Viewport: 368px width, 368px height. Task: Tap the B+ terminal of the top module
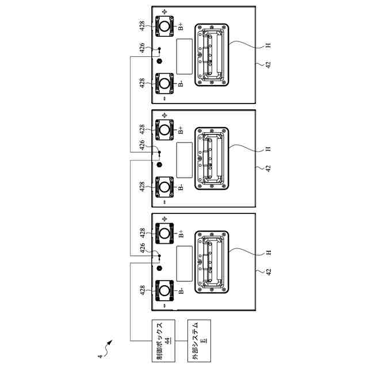tap(166, 26)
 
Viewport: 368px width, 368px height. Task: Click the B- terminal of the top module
tap(166, 83)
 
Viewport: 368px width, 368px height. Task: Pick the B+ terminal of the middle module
tap(166, 129)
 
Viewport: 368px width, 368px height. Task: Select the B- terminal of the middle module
tap(166, 187)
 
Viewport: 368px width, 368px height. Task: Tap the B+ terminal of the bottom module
tap(166, 233)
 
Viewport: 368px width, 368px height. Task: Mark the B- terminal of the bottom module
tap(166, 290)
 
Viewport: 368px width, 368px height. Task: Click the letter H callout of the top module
tap(268, 45)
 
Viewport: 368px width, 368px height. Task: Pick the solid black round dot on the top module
tap(160, 61)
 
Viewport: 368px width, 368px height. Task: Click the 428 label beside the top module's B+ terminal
tap(143, 25)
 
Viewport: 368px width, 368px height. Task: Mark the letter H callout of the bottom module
tap(268, 252)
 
